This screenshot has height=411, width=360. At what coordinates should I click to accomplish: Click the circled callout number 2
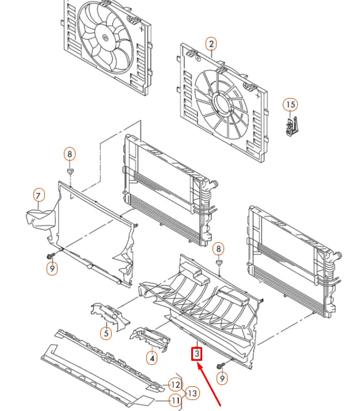(x=211, y=44)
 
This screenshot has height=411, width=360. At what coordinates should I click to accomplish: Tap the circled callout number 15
(x=290, y=104)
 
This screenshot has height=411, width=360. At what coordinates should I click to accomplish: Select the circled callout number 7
(x=39, y=195)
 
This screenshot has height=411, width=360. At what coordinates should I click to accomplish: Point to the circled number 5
(x=106, y=333)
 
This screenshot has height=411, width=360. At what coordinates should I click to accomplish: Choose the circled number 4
(x=151, y=358)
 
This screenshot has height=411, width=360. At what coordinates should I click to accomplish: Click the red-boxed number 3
(x=197, y=353)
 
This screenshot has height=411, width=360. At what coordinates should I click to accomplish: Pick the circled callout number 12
(x=175, y=385)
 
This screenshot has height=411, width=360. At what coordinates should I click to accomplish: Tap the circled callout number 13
(x=192, y=393)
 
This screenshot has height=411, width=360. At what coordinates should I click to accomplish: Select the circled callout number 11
(x=175, y=401)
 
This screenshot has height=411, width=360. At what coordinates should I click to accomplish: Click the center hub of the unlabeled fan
(x=105, y=37)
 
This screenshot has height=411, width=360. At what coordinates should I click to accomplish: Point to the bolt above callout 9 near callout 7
(x=51, y=255)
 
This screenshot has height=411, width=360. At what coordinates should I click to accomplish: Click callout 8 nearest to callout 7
(x=70, y=154)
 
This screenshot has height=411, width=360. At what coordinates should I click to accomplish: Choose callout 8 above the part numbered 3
(x=218, y=249)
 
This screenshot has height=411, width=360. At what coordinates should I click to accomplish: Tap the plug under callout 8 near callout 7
(x=70, y=171)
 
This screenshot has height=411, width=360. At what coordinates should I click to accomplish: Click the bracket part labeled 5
(x=110, y=315)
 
